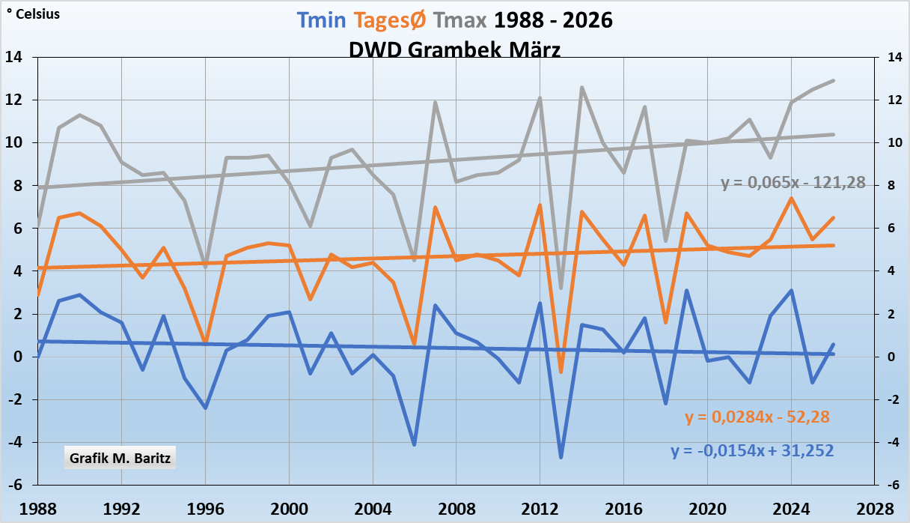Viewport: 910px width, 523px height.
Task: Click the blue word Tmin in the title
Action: click(320, 21)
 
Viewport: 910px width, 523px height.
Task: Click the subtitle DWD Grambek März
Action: click(455, 49)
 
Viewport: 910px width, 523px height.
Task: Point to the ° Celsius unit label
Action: click(33, 13)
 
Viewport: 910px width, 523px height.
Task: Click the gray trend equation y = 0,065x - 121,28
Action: click(793, 182)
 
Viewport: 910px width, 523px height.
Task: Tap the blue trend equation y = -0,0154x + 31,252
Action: click(752, 451)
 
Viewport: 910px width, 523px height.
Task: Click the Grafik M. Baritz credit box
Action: click(120, 457)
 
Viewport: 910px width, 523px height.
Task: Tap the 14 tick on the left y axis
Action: click(16, 58)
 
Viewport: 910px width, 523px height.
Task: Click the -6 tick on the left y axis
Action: click(14, 485)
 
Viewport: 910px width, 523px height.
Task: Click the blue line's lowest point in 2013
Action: click(561, 457)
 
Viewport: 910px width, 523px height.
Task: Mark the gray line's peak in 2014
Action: click(582, 88)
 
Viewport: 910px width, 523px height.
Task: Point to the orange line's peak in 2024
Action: click(791, 199)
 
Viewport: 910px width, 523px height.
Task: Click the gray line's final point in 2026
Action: click(833, 81)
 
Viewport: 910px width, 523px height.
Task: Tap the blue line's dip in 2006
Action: click(415, 444)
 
